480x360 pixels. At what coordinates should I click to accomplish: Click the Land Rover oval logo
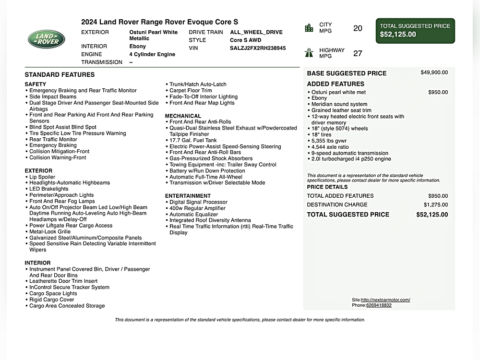46,39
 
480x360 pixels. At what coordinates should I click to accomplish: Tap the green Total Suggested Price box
415,30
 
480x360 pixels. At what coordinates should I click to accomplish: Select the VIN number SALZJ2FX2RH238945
258,48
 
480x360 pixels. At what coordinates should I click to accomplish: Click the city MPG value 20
358,28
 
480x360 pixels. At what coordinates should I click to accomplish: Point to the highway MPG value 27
358,53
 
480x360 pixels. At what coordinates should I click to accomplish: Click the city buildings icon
309,28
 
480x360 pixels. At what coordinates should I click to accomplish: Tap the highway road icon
309,52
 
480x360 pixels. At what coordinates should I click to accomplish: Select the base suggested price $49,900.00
434,72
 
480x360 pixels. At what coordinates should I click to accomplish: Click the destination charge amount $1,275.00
435,204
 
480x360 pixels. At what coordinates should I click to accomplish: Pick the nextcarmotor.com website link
385,300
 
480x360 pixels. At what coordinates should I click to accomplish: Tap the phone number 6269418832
379,305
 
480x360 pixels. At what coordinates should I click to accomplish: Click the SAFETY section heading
36,84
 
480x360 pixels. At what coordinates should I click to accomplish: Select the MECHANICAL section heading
183,116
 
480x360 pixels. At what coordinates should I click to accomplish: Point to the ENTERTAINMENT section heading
188,196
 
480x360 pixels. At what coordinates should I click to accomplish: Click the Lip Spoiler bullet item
42,177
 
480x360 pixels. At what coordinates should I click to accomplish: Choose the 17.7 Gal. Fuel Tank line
193,140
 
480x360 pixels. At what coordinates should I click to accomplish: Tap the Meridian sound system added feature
339,104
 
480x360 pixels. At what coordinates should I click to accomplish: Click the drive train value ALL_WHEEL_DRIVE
256,32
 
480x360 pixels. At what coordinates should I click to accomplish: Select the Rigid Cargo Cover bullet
52,300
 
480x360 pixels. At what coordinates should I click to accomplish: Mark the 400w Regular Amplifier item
197,208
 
